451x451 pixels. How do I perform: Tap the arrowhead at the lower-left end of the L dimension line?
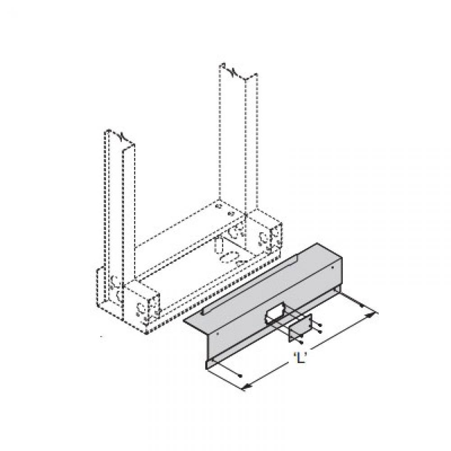245,387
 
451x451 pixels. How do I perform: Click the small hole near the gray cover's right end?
332,268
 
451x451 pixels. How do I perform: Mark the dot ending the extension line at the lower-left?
241,376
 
